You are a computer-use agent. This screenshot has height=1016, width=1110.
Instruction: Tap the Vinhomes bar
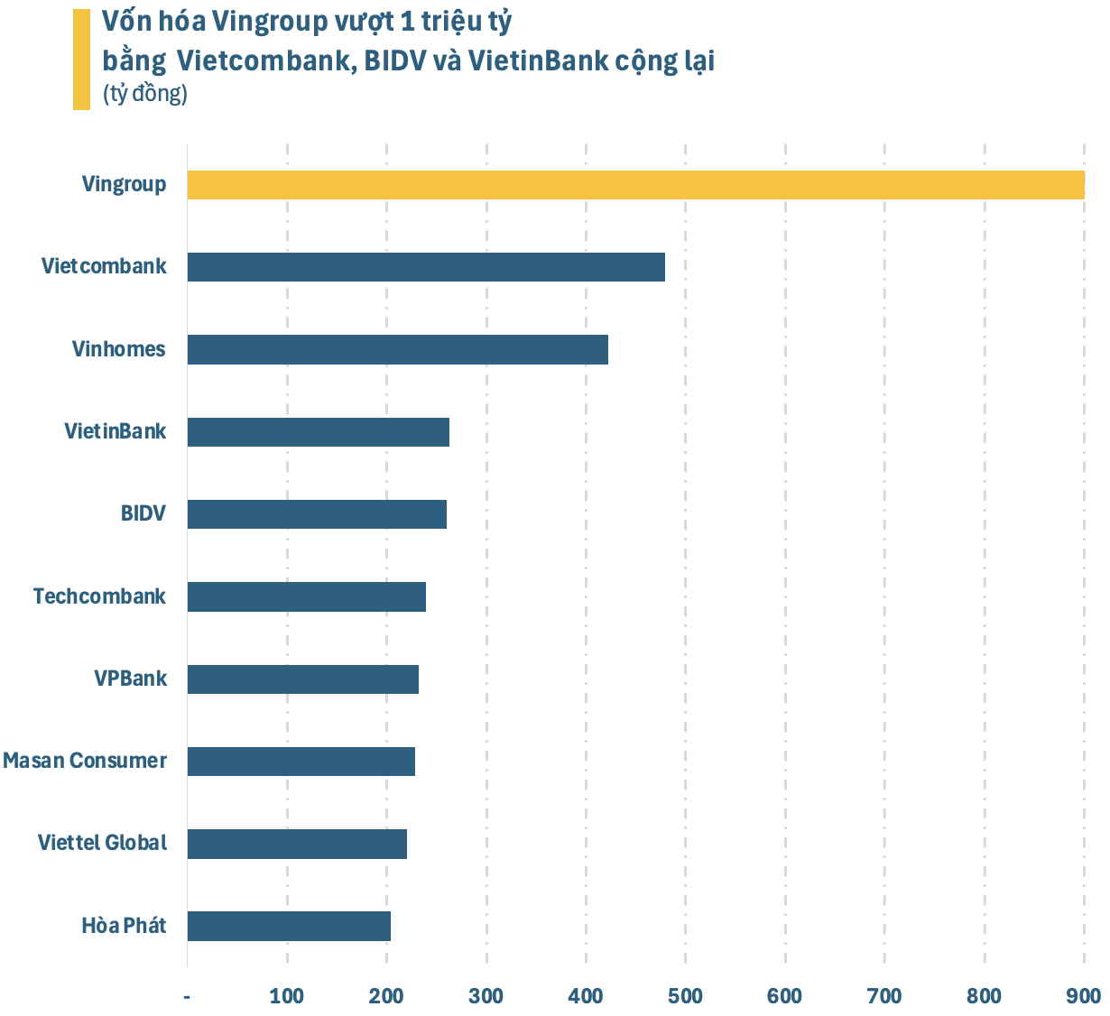(397, 349)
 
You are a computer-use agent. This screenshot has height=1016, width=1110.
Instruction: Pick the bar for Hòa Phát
(289, 926)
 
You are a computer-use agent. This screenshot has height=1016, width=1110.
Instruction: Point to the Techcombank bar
(306, 596)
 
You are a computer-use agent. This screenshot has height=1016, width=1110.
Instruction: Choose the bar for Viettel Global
(297, 844)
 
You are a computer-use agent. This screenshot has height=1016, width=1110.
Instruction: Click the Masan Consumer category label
(85, 761)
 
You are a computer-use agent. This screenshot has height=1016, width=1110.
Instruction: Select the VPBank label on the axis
(130, 679)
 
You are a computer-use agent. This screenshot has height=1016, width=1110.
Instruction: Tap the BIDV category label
(143, 514)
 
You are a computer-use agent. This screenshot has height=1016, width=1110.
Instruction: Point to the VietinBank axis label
(115, 431)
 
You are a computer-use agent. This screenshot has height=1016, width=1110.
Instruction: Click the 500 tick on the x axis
(685, 996)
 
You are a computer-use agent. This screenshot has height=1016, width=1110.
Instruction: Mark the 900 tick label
(1083, 996)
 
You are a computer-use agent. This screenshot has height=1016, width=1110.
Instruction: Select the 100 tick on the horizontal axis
(287, 996)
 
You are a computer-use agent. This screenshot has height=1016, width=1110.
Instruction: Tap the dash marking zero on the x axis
(187, 996)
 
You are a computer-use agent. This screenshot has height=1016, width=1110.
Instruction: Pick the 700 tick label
(884, 996)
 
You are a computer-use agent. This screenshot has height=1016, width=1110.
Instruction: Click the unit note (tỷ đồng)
(145, 93)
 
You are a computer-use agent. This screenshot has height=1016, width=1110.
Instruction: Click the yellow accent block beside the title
(81, 60)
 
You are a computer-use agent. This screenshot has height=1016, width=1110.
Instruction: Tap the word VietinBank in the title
(538, 61)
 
